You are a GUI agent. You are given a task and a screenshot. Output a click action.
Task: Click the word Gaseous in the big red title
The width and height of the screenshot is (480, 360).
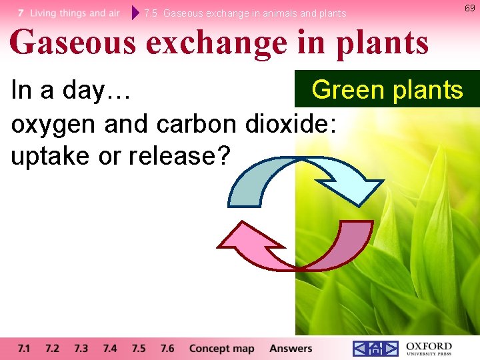pyautogui.click(x=73, y=43)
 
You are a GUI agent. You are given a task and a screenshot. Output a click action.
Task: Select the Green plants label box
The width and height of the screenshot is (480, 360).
pyautogui.click(x=387, y=89)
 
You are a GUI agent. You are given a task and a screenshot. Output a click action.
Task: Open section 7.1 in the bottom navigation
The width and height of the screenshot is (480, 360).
pyautogui.click(x=24, y=349)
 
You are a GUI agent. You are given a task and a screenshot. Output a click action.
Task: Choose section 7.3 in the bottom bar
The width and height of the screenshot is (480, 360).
pyautogui.click(x=81, y=349)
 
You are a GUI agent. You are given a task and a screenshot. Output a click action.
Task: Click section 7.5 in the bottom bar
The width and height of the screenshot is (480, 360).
pyautogui.click(x=139, y=349)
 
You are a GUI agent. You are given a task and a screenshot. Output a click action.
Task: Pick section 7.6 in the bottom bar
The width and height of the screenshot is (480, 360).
pyautogui.click(x=167, y=349)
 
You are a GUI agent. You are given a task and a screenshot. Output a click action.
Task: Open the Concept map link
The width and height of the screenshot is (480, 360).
pyautogui.click(x=221, y=349)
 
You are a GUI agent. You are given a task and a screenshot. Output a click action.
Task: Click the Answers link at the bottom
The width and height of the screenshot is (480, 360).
pyautogui.click(x=291, y=349)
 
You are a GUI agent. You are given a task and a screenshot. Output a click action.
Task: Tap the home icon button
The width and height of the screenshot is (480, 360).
pyautogui.click(x=375, y=349)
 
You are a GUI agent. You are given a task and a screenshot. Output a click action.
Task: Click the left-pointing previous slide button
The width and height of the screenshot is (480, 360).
pyautogui.click(x=360, y=349)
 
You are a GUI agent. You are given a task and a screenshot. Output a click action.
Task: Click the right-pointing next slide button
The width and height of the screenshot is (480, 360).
pyautogui.click(x=391, y=349)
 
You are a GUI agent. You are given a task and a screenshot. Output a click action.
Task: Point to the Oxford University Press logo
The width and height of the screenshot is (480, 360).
pyautogui.click(x=429, y=349)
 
